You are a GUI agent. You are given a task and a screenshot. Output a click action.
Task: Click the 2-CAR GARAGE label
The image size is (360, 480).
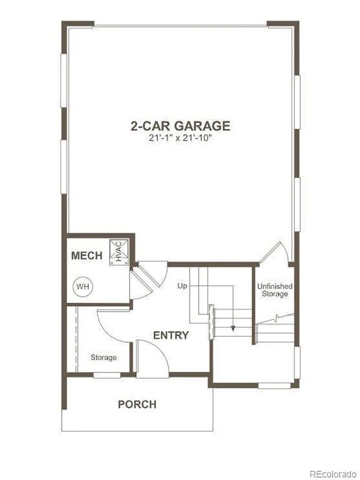[180, 126]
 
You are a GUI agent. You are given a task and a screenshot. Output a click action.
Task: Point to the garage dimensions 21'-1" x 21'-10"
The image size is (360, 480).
[180, 138]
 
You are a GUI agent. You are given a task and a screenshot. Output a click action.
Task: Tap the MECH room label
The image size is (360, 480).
[87, 256]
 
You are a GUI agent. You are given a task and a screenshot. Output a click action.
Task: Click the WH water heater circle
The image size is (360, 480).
[82, 286]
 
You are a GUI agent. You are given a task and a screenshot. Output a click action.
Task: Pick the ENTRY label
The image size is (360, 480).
[170, 335]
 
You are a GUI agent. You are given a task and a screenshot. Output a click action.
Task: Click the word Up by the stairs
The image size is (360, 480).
[182, 286]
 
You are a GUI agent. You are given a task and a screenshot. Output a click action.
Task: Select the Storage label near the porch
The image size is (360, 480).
[103, 358]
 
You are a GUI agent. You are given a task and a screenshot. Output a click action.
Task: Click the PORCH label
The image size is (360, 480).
[137, 404]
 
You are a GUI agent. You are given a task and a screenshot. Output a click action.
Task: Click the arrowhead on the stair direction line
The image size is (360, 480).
[232, 329]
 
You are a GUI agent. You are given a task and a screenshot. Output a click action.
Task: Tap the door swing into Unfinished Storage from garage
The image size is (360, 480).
[272, 252]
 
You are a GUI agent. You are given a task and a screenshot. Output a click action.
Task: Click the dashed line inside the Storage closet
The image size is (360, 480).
[77, 339]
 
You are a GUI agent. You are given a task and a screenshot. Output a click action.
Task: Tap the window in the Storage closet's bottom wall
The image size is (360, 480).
[106, 376]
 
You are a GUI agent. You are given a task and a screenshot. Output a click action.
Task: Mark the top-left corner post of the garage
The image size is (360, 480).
[77, 25]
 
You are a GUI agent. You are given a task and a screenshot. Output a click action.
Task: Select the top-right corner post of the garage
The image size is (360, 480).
[283, 25]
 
